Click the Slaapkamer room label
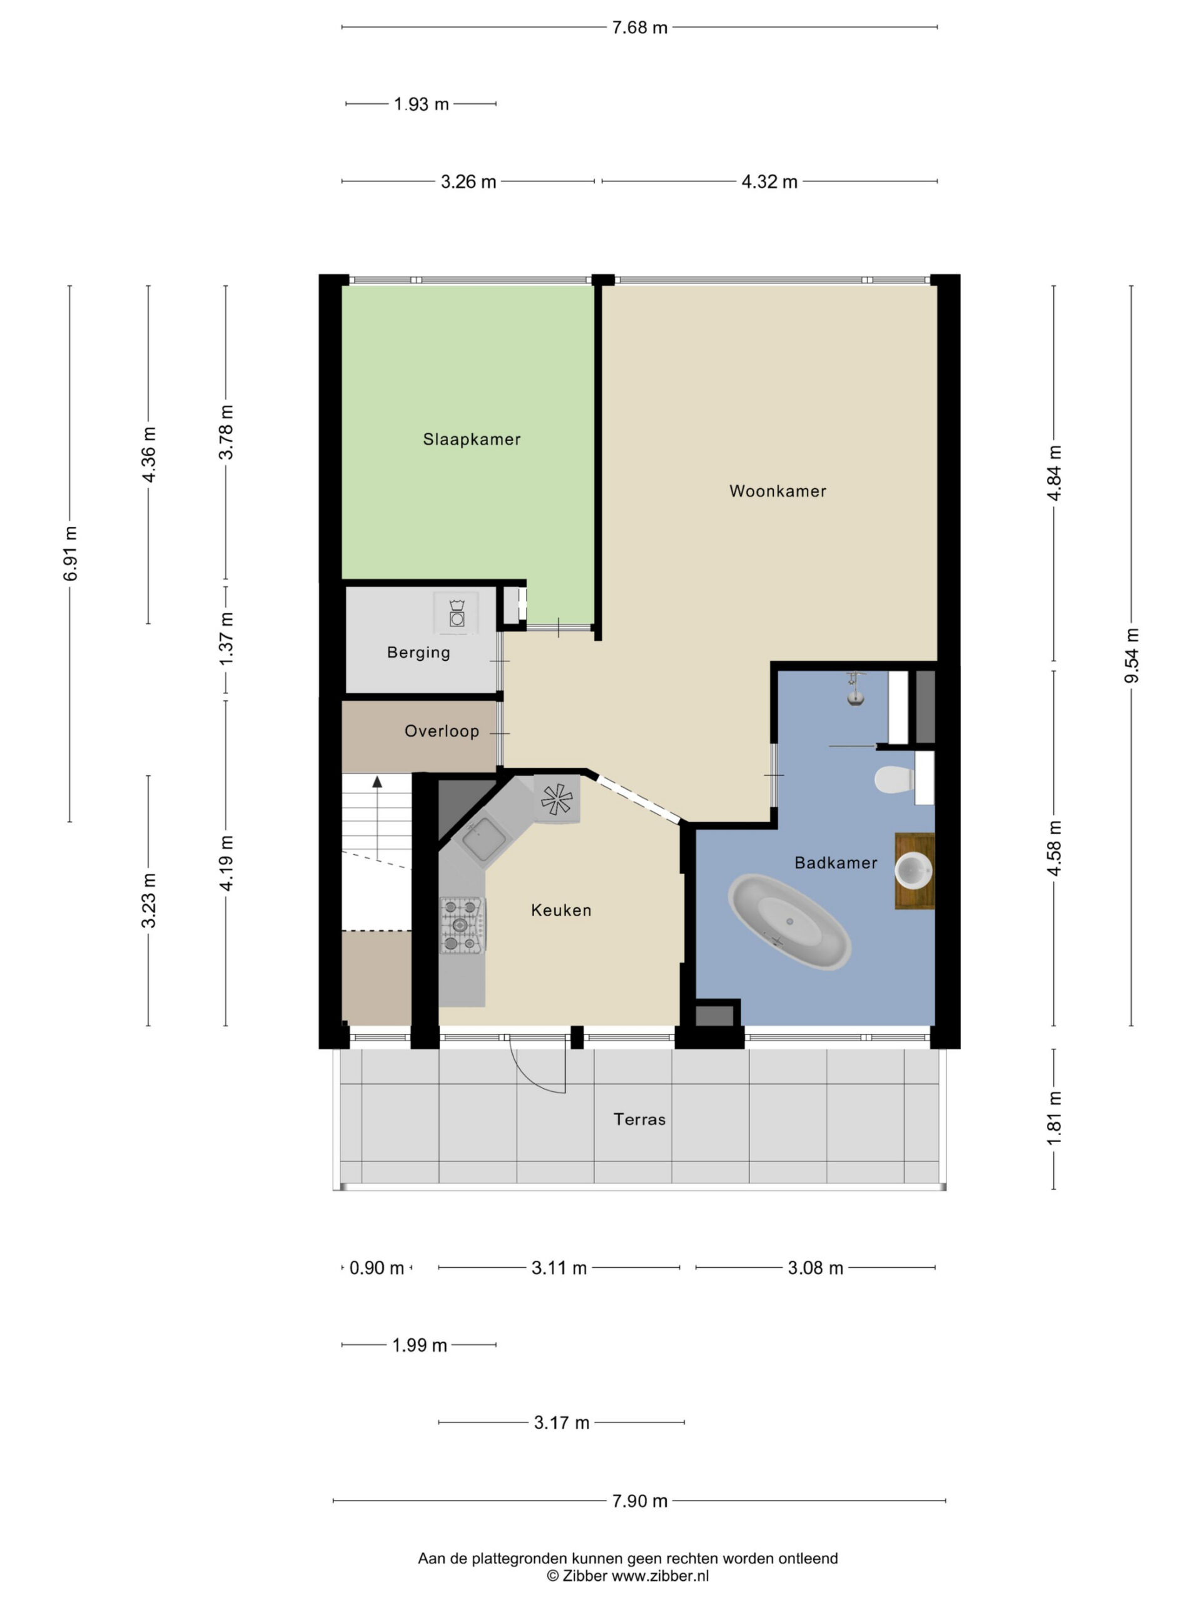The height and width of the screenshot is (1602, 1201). pyautogui.click(x=471, y=439)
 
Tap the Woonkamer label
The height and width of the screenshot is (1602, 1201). pyautogui.click(x=778, y=491)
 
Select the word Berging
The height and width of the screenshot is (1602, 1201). pyautogui.click(x=418, y=653)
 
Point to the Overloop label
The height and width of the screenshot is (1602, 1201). pyautogui.click(x=442, y=731)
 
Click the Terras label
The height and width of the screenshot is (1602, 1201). pyautogui.click(x=639, y=1119)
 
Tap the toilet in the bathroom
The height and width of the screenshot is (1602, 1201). pyautogui.click(x=894, y=779)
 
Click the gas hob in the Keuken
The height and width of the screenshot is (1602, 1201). pyautogui.click(x=462, y=925)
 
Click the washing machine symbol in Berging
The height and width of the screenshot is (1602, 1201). pyautogui.click(x=456, y=613)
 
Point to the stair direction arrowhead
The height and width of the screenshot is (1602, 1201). pyautogui.click(x=377, y=782)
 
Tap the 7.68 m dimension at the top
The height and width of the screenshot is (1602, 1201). pyautogui.click(x=639, y=28)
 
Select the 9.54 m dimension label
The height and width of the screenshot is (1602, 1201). pyautogui.click(x=1132, y=655)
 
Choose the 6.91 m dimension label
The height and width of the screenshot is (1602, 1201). pyautogui.click(x=70, y=553)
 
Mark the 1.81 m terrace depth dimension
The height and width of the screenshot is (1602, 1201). pyautogui.click(x=1054, y=1118)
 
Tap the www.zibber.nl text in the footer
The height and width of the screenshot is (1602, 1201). pyautogui.click(x=660, y=1575)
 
